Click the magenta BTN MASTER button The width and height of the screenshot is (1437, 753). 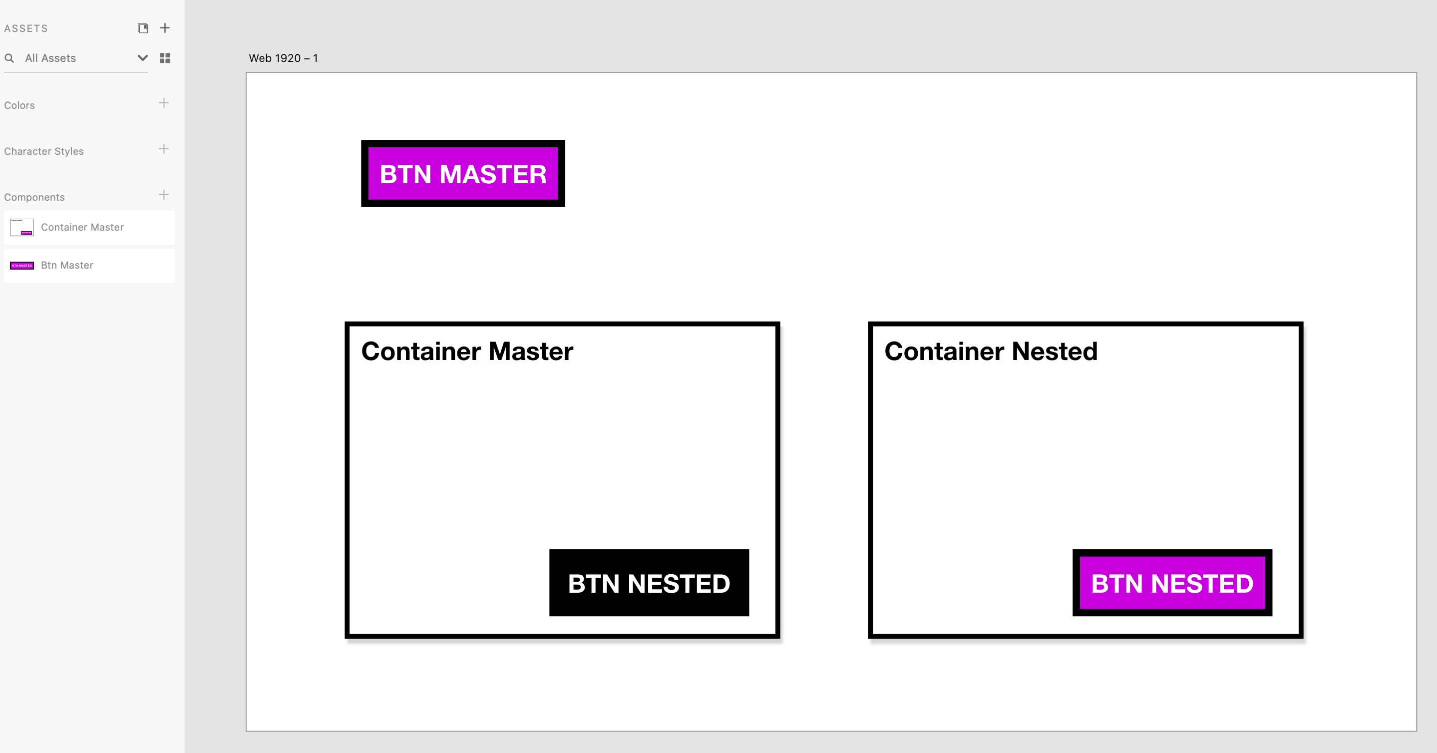click(463, 173)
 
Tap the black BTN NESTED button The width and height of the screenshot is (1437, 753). click(649, 583)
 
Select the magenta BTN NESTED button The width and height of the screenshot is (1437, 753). click(1172, 583)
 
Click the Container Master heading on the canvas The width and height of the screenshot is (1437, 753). click(467, 352)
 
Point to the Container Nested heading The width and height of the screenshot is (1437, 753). click(991, 352)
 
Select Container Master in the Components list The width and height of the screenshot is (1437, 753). click(82, 227)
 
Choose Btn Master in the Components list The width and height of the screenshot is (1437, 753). click(67, 265)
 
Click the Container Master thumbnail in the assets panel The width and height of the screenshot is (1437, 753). click(22, 227)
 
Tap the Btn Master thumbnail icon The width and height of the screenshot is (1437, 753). click(22, 266)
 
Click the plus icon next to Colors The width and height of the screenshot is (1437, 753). click(163, 103)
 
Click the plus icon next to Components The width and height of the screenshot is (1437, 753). click(163, 195)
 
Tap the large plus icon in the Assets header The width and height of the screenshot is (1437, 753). click(165, 28)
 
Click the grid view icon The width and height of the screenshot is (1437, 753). click(165, 58)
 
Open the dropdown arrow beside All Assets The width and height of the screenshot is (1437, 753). click(142, 58)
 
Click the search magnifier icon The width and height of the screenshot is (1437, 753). click(9, 58)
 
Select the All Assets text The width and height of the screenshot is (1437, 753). click(50, 58)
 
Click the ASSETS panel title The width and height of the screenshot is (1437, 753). click(25, 28)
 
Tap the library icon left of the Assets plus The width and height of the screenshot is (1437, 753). click(143, 28)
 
